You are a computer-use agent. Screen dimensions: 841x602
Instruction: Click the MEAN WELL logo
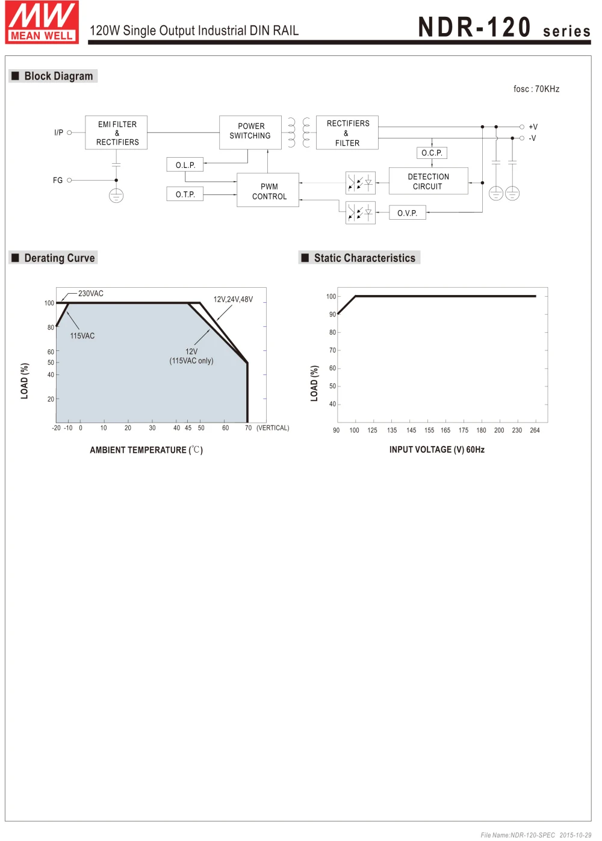[x=42, y=22]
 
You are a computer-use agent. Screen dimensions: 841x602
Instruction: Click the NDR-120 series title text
[x=504, y=28]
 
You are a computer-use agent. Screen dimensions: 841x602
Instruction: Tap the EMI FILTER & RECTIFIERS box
[x=117, y=133]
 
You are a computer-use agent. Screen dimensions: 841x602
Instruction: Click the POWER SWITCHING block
[x=250, y=131]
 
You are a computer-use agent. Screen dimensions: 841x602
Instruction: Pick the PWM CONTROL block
[x=268, y=191]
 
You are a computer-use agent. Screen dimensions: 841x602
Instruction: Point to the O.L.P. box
[x=185, y=165]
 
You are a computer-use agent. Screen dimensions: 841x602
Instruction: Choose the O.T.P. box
[x=185, y=194]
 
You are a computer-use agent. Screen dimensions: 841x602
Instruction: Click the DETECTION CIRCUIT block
[x=428, y=181]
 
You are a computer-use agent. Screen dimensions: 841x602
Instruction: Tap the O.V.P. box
[x=408, y=213]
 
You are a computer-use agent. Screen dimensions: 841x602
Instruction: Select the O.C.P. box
[x=432, y=153]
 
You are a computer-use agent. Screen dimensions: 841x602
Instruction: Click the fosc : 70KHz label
[x=536, y=89]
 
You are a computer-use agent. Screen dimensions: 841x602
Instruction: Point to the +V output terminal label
[x=533, y=127]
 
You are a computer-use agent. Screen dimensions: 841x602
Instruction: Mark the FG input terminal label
[x=58, y=180]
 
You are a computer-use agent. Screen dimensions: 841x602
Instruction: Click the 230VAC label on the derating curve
[x=91, y=294]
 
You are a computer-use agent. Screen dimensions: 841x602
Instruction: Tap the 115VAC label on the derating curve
[x=82, y=336]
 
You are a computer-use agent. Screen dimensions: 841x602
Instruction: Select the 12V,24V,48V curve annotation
[x=233, y=299]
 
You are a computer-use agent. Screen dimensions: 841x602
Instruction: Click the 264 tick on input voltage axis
[x=535, y=430]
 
